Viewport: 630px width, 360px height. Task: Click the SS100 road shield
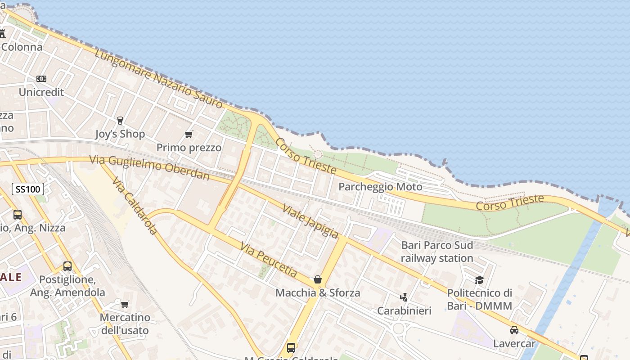pos(28,189)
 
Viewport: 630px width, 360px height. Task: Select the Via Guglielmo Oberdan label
pos(149,167)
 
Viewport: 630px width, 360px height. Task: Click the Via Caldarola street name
pos(135,206)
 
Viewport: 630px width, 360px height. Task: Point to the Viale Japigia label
pos(310,221)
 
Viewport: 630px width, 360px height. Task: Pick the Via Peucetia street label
pos(269,260)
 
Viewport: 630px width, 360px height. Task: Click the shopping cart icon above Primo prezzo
pos(189,135)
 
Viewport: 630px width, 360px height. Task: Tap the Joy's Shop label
pos(120,134)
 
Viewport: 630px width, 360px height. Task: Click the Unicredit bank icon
pos(41,79)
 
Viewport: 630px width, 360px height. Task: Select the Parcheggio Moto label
pos(380,187)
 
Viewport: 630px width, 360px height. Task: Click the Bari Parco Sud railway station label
pos(437,252)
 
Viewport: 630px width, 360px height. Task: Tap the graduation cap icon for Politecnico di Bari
pos(479,280)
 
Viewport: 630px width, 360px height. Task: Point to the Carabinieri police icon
pos(404,297)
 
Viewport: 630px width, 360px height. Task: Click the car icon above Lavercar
pos(514,330)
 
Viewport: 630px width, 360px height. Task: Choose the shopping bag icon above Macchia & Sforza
pos(318,279)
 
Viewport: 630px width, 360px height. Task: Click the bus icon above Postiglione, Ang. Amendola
pos(67,266)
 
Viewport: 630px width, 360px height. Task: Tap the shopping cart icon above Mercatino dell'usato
pos(125,304)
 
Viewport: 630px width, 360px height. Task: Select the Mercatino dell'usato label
pos(125,324)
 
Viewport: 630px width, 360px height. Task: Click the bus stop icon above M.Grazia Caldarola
pos(291,347)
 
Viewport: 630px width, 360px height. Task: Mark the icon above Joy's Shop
pos(120,120)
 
